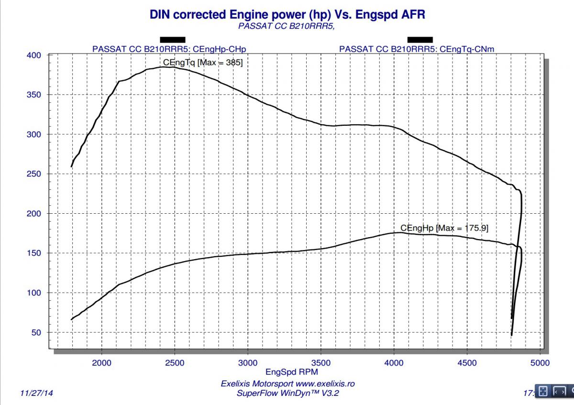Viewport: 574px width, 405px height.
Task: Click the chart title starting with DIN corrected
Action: (287, 14)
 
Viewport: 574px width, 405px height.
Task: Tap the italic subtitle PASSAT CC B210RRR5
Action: (286, 26)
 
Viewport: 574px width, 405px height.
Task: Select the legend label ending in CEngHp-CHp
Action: (172, 48)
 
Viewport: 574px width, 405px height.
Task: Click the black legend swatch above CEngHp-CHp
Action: (172, 40)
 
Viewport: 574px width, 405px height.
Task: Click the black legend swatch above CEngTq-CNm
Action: (420, 40)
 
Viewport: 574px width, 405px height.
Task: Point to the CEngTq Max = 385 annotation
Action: (203, 62)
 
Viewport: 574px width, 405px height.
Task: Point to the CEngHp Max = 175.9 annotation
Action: (444, 228)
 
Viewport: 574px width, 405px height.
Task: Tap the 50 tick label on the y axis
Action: (36, 332)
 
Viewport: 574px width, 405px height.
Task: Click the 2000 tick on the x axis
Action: (102, 363)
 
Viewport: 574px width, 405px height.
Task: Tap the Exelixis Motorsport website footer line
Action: (288, 384)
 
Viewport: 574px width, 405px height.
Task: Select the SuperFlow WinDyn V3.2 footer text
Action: (288, 393)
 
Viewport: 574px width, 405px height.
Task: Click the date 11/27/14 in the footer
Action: (37, 393)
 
